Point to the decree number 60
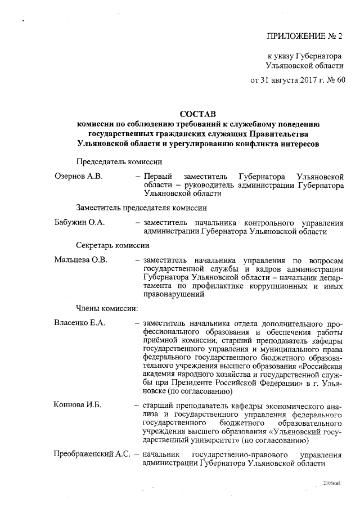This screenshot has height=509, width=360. pyautogui.click(x=340, y=80)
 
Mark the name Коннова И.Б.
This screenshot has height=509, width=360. pyautogui.click(x=77, y=406)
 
